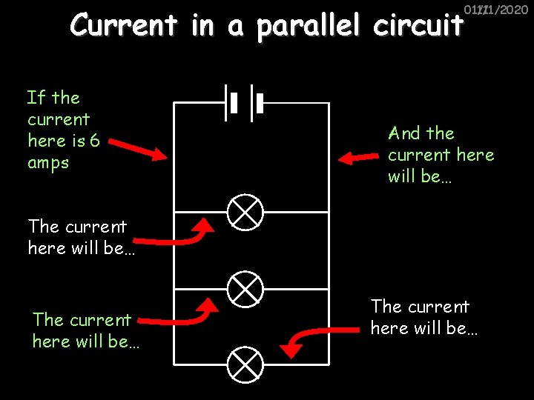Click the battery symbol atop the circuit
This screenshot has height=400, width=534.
point(244,102)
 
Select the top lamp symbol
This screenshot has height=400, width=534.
point(245,213)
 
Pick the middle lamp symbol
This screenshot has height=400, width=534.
point(245,288)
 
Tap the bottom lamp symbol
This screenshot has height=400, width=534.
point(245,363)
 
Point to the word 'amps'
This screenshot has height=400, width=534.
point(47,163)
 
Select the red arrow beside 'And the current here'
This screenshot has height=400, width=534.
point(359,157)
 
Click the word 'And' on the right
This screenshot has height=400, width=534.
point(404,133)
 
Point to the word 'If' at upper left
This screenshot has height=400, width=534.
point(36,97)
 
